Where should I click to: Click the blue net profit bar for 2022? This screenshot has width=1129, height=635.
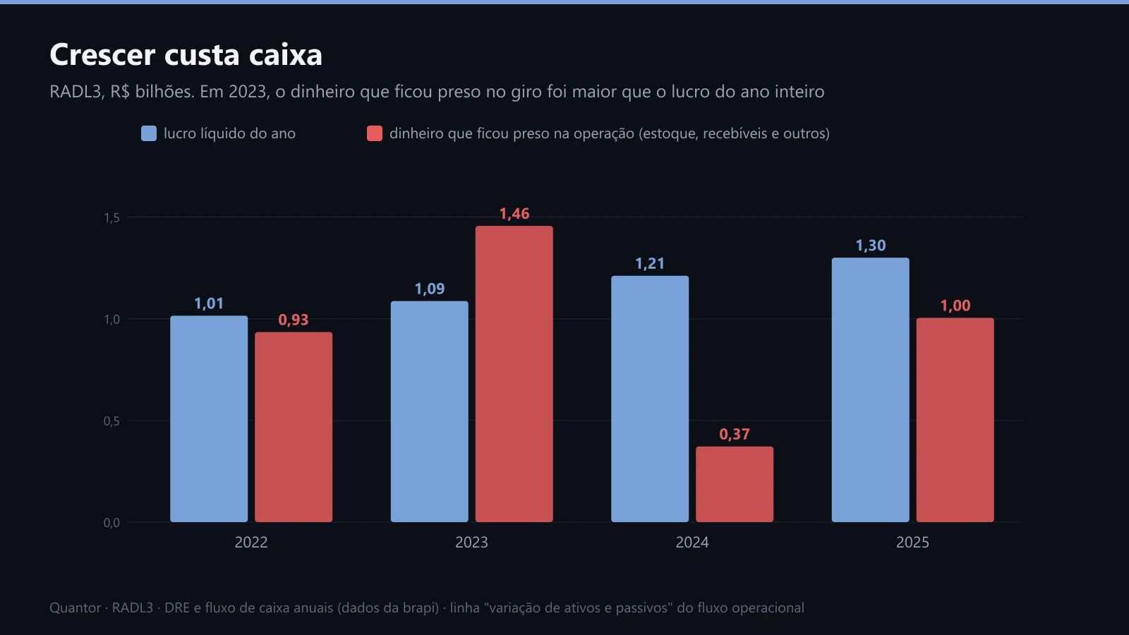209,419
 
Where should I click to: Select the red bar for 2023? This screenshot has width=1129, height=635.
514,374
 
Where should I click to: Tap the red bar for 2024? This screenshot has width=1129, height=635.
735,484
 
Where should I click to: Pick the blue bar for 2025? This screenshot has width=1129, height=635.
871,390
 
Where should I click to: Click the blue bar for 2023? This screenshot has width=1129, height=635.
430,412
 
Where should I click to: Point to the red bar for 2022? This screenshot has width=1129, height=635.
294,427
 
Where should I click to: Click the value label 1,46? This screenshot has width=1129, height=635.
514,214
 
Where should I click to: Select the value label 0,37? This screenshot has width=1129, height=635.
735,434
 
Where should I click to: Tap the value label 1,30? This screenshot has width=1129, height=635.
871,246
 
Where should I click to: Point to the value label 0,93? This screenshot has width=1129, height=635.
294,320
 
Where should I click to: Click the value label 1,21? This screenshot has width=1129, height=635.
650,264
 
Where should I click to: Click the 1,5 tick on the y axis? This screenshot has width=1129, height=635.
112,218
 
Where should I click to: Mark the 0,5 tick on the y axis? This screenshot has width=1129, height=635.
112,421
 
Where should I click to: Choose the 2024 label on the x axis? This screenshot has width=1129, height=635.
692,543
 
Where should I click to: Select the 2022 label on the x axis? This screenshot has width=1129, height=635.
251,543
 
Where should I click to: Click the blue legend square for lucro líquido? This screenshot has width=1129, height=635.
149,133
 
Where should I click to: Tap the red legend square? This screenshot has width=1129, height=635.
375,133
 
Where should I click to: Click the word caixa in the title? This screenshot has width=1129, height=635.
285,54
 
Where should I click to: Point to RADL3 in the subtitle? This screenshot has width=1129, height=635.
77,92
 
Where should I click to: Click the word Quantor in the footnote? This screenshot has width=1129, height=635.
75,607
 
